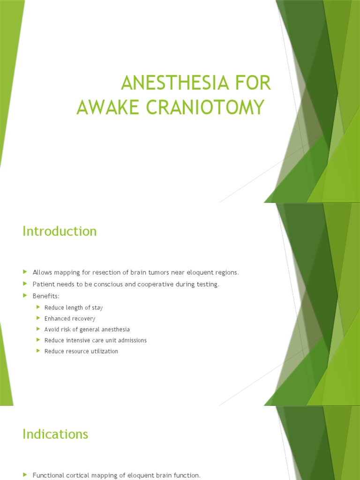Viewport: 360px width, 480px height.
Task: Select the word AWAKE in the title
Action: [x=104, y=107]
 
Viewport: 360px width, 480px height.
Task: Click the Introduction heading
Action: [x=60, y=231]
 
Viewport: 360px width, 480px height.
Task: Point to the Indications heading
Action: [x=55, y=434]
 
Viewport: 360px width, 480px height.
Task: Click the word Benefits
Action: [x=46, y=296]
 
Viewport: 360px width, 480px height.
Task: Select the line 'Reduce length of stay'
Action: [x=74, y=307]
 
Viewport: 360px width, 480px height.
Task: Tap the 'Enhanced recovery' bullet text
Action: [x=70, y=319]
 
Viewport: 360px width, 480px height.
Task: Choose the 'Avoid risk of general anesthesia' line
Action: [x=87, y=330]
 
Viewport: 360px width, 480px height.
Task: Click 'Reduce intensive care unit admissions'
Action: [x=96, y=340]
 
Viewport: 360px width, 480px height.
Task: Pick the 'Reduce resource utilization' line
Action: [x=81, y=351]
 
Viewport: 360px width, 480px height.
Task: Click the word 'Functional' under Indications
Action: [x=48, y=475]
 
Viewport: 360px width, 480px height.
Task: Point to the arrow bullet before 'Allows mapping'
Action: [x=25, y=272]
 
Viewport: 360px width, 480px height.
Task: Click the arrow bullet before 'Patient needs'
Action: [x=25, y=284]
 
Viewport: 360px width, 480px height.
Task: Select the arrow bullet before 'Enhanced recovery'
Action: [x=38, y=318]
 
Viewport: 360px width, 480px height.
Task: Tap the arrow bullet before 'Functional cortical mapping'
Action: [x=25, y=475]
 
